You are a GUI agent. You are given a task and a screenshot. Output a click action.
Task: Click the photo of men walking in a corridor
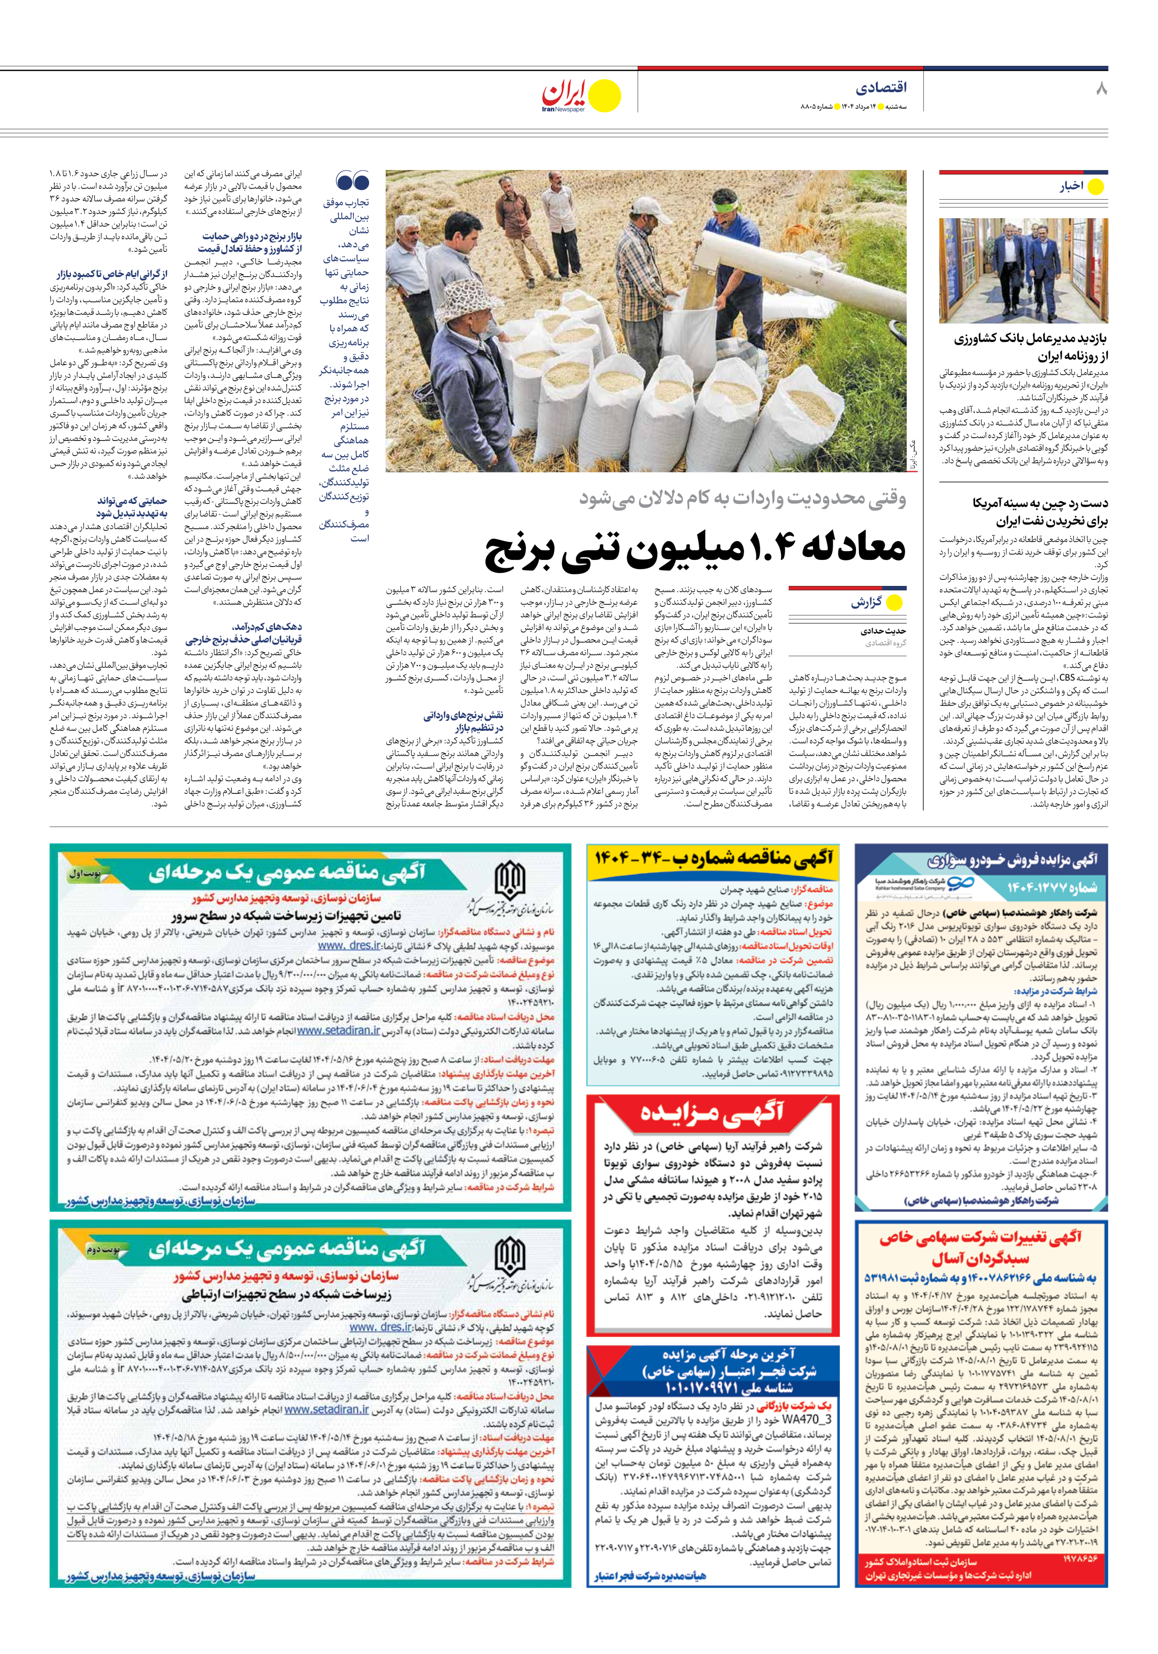[1023, 270]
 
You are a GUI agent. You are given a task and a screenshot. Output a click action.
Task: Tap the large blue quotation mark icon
[352, 181]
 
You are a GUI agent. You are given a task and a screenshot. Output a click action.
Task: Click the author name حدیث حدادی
[883, 631]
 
